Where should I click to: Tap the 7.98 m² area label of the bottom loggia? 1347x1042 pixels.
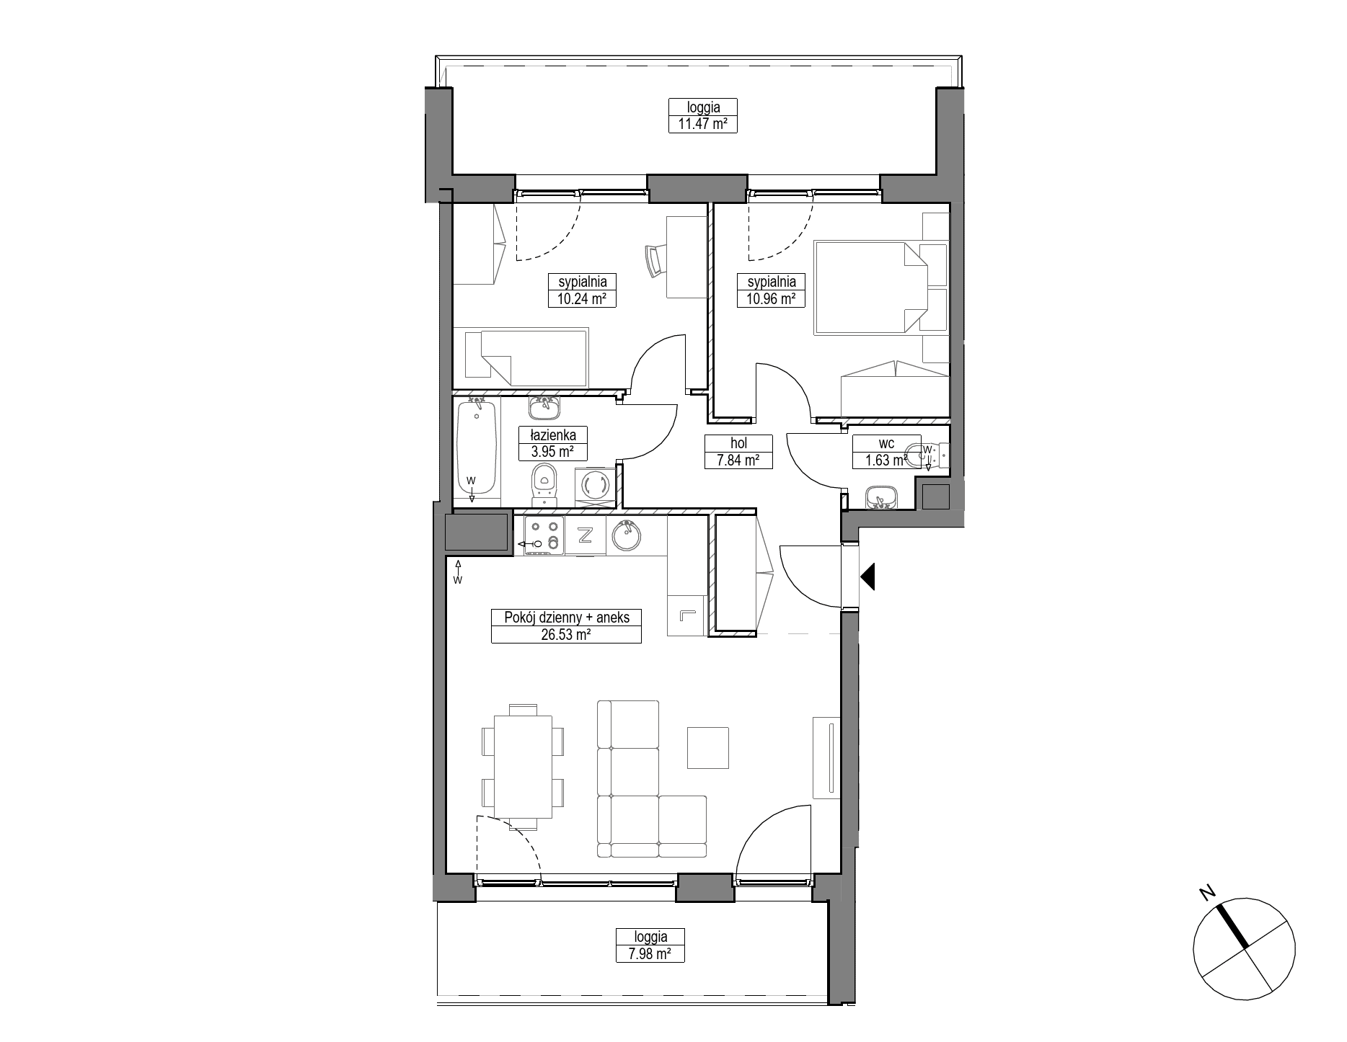(650, 954)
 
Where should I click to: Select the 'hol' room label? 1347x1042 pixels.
(738, 444)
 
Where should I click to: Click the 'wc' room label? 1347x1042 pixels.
(886, 444)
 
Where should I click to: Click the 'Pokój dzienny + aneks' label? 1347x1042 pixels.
(566, 618)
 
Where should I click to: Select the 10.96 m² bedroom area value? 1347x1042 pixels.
(771, 298)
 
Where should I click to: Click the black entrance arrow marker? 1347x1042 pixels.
(867, 576)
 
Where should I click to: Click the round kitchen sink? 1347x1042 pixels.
(627, 535)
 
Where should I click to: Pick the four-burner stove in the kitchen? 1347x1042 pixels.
(544, 536)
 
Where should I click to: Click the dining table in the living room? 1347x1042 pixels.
(523, 767)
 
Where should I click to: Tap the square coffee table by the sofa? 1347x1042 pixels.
(707, 748)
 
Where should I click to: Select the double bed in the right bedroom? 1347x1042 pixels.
(870, 288)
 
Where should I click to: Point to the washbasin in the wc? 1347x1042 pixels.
(880, 497)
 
